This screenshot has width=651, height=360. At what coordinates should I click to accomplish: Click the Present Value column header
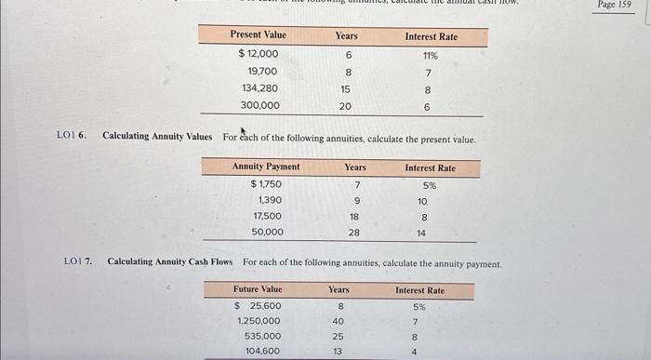259,35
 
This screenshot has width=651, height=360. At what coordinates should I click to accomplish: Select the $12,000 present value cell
258,54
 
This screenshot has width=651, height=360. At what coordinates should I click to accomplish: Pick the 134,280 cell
259,88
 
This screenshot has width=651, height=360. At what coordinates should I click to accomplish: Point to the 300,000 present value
259,106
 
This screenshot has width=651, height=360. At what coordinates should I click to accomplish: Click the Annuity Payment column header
266,167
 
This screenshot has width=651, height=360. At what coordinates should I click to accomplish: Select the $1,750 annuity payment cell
266,184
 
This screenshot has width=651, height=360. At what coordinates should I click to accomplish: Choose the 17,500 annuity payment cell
267,217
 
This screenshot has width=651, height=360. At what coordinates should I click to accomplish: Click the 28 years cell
354,233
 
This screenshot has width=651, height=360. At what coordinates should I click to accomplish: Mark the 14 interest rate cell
421,233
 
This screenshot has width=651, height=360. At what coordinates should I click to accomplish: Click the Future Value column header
258,290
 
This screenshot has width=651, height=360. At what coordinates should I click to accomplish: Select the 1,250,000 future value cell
259,321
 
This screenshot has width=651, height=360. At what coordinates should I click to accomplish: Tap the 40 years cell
340,321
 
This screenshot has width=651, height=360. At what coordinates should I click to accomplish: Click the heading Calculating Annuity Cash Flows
170,263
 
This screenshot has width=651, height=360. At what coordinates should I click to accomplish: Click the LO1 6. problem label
71,137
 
